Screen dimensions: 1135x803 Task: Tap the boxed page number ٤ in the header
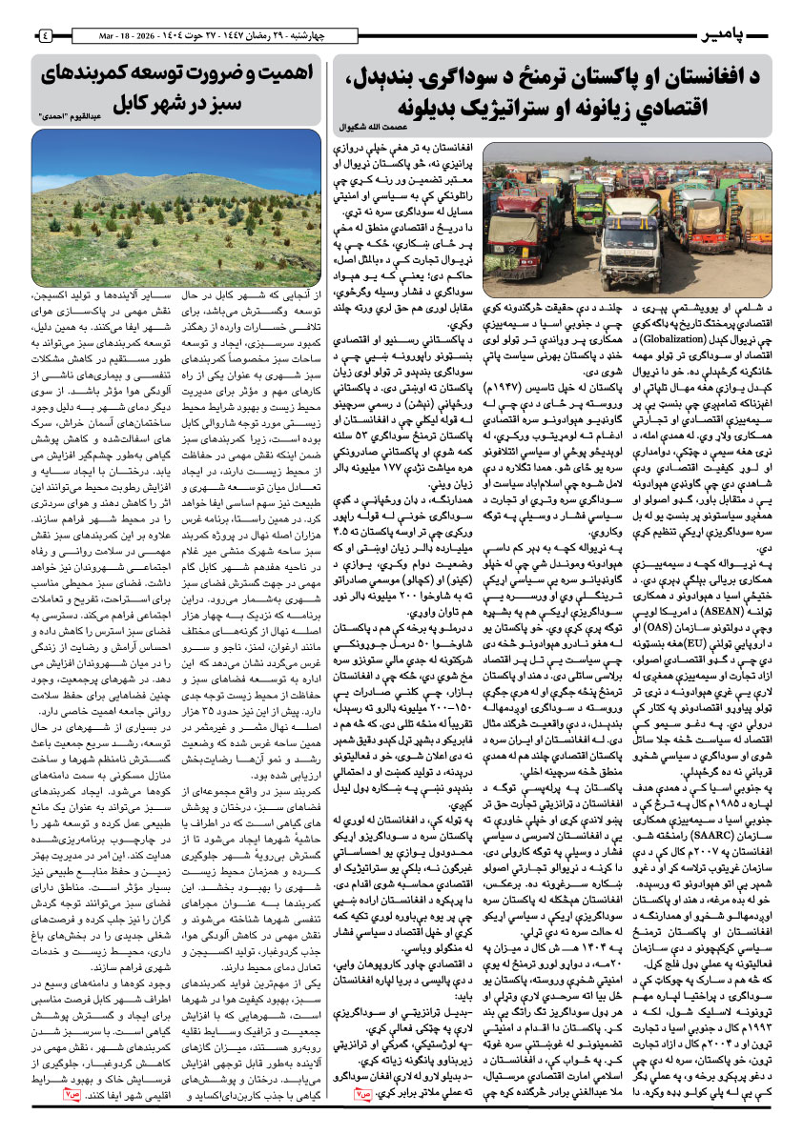pos(46,36)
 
